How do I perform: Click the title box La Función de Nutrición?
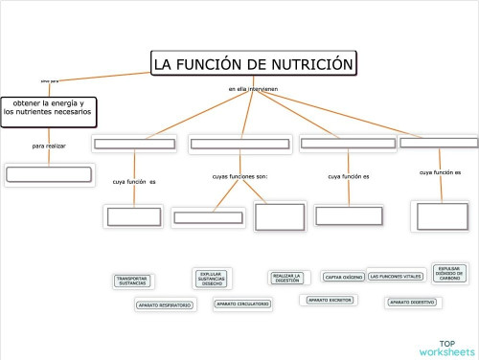254,64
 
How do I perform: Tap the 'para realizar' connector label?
49,146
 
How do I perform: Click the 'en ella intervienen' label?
253,89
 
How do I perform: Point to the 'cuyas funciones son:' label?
239,176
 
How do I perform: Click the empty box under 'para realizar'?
49,174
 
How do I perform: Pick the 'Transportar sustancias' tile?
132,281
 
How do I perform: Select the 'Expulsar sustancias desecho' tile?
212,279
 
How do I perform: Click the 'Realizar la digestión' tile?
286,278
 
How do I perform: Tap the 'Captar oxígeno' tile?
344,277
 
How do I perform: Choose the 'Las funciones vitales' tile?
395,277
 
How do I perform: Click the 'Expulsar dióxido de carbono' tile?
450,274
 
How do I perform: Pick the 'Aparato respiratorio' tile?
164,305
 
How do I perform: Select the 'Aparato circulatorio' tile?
242,304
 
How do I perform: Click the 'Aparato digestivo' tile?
412,303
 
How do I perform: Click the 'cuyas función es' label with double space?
134,181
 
